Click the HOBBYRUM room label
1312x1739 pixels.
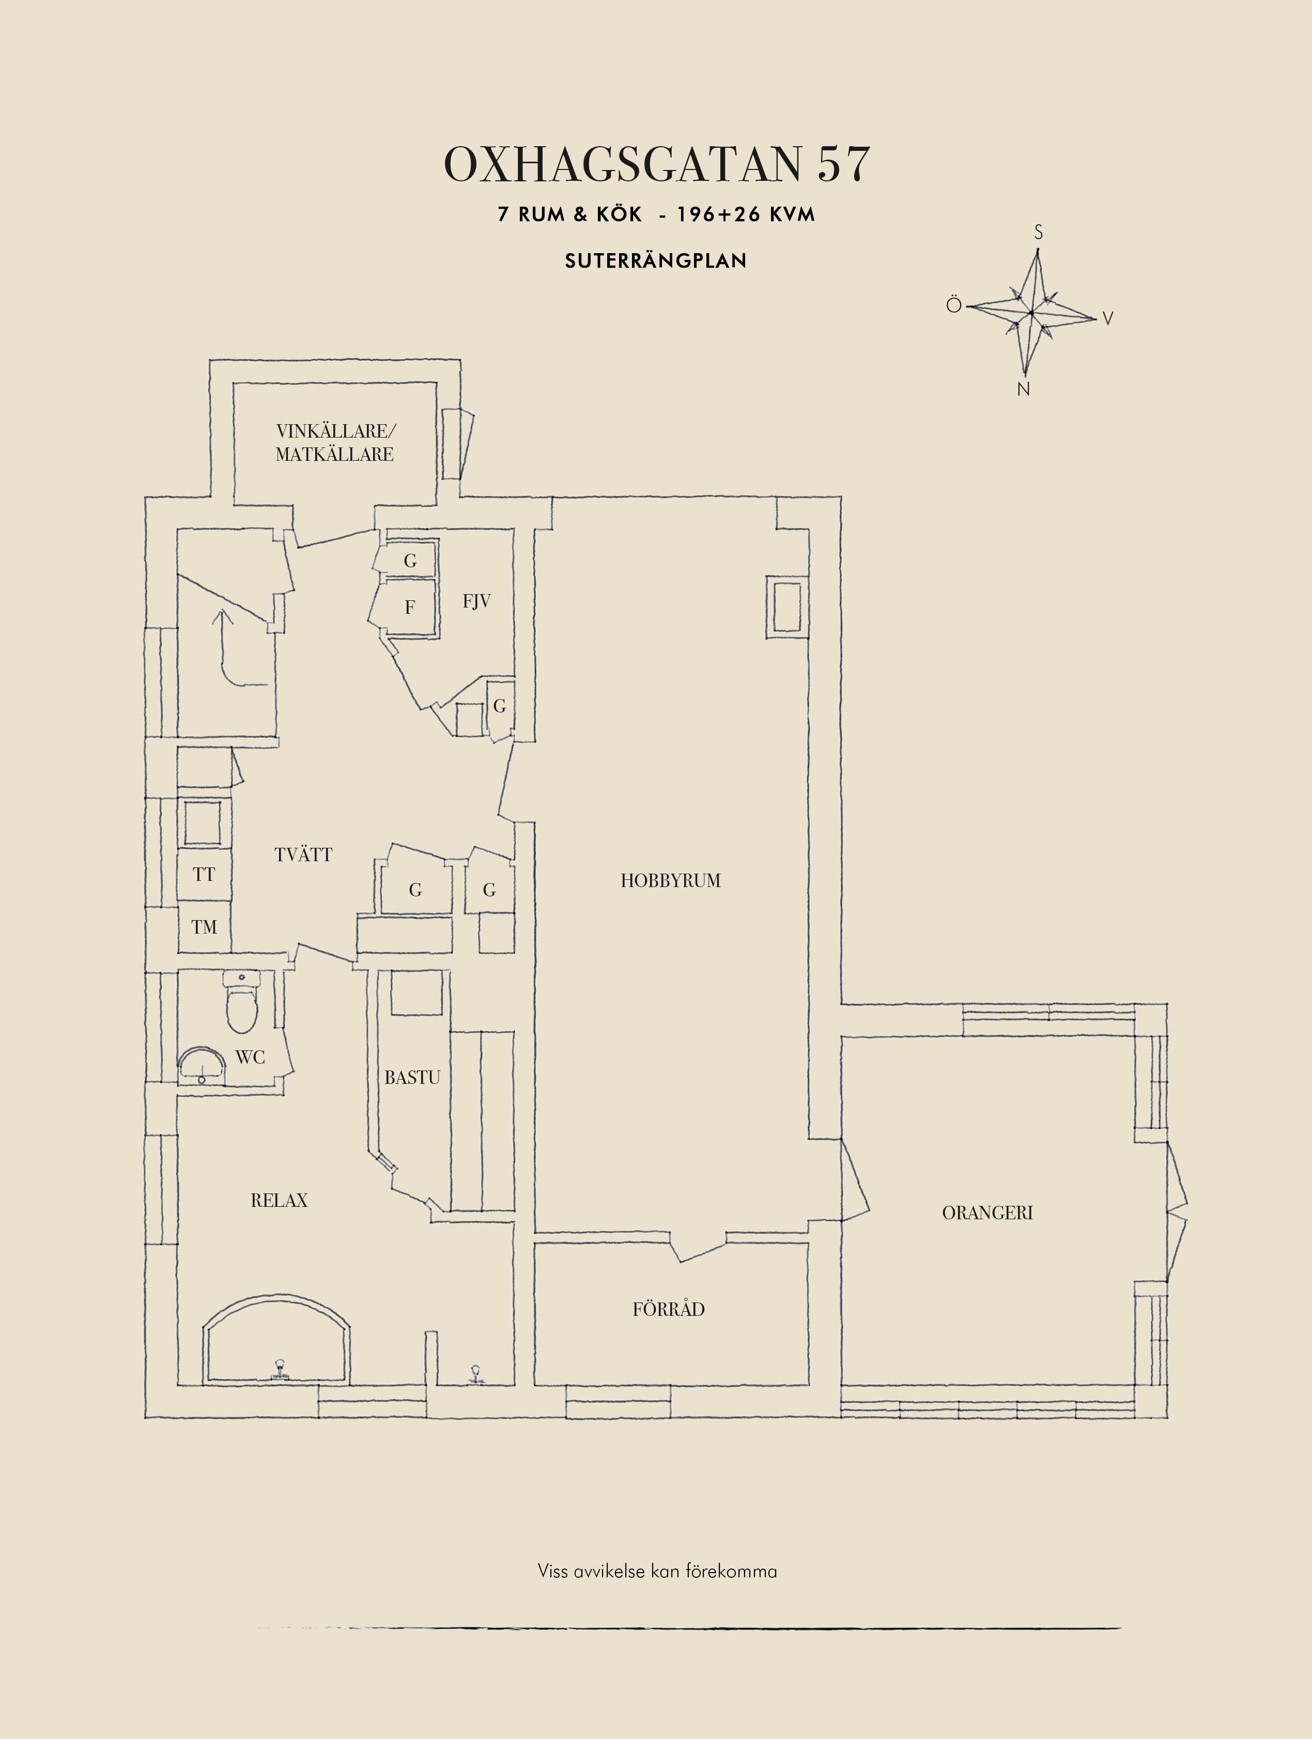click(x=671, y=880)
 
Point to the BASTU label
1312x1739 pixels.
click(x=412, y=1077)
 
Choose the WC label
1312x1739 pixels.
click(x=250, y=1058)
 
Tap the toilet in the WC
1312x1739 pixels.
click(x=241, y=1002)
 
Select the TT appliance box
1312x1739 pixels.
click(x=204, y=874)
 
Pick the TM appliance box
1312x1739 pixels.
click(x=204, y=927)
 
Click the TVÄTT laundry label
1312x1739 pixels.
click(x=303, y=855)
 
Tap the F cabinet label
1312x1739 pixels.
click(x=410, y=607)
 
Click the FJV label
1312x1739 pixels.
click(x=476, y=601)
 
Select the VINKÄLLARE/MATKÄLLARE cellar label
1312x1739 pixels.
click(x=335, y=443)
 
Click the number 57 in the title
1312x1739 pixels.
click(x=843, y=164)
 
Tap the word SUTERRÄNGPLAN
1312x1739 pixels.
click(x=656, y=260)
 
